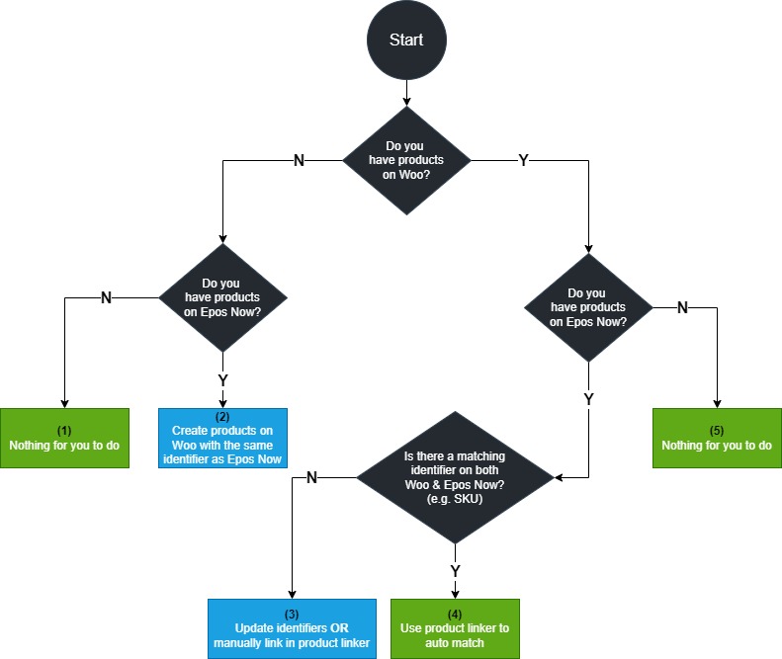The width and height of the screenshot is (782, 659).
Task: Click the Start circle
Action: click(406, 40)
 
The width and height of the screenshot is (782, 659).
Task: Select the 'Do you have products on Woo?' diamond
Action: click(406, 160)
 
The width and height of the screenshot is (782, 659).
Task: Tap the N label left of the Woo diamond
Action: click(299, 160)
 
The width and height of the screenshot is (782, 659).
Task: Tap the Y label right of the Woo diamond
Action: click(523, 160)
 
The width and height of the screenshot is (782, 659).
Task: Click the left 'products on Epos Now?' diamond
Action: click(222, 297)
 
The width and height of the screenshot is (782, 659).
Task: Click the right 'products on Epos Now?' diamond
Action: click(588, 307)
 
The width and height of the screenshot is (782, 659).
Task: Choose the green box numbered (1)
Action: click(64, 438)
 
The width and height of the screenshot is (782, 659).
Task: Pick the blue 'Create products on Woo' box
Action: click(222, 438)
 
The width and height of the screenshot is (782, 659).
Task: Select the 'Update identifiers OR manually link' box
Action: click(292, 628)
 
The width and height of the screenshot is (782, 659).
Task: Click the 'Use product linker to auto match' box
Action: click(455, 628)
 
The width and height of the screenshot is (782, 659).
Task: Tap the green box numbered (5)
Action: click(717, 438)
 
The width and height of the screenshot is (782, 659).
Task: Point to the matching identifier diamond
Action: click(455, 477)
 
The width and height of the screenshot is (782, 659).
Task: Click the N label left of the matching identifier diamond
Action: click(311, 477)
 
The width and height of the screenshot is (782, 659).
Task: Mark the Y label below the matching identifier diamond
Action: click(455, 571)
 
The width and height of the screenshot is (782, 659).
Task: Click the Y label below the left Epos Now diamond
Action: click(222, 380)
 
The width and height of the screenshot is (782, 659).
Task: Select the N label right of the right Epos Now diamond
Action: click(682, 307)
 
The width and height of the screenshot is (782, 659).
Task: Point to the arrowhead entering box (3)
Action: click(292, 595)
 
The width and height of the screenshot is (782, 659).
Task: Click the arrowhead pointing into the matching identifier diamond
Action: click(559, 477)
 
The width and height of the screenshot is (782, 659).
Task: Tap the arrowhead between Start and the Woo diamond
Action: click(406, 102)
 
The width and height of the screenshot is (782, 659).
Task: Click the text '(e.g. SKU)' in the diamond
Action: click(455, 499)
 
